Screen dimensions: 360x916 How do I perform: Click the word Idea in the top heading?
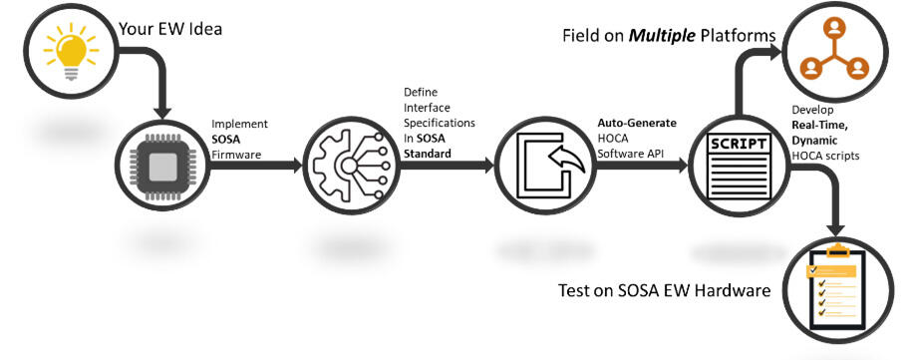201,29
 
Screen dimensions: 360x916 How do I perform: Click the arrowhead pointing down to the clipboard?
836,224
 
